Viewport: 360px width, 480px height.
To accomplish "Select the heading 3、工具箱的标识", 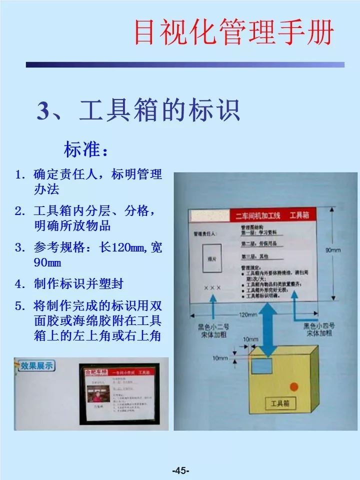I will tap(138, 111).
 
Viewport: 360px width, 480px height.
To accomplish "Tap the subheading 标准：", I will tap(85, 149).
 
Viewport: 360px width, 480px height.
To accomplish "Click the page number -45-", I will tap(180, 470).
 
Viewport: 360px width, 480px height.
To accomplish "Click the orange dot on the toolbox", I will tap(294, 386).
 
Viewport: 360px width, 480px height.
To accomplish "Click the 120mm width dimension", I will tap(248, 315).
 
